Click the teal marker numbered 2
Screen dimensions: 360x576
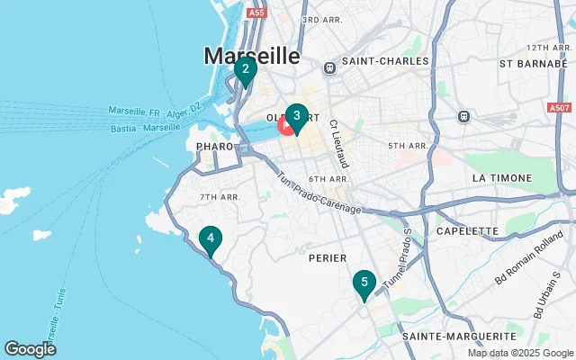246,69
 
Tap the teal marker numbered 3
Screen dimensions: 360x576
296,116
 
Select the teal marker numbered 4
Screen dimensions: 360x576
210,238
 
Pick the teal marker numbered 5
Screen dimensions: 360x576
364,283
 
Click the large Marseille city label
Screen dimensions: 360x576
252,56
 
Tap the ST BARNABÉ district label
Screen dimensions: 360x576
530,64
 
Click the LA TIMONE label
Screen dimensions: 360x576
502,178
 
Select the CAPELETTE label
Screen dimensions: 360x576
466,230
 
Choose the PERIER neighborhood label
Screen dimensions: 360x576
327,257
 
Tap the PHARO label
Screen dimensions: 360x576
214,146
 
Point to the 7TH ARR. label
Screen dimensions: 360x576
220,197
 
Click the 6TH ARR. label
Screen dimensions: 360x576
328,179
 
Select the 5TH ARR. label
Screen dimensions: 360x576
408,145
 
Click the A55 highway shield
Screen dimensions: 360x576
256,13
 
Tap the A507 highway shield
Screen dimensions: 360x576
559,107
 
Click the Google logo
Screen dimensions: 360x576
30,349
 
